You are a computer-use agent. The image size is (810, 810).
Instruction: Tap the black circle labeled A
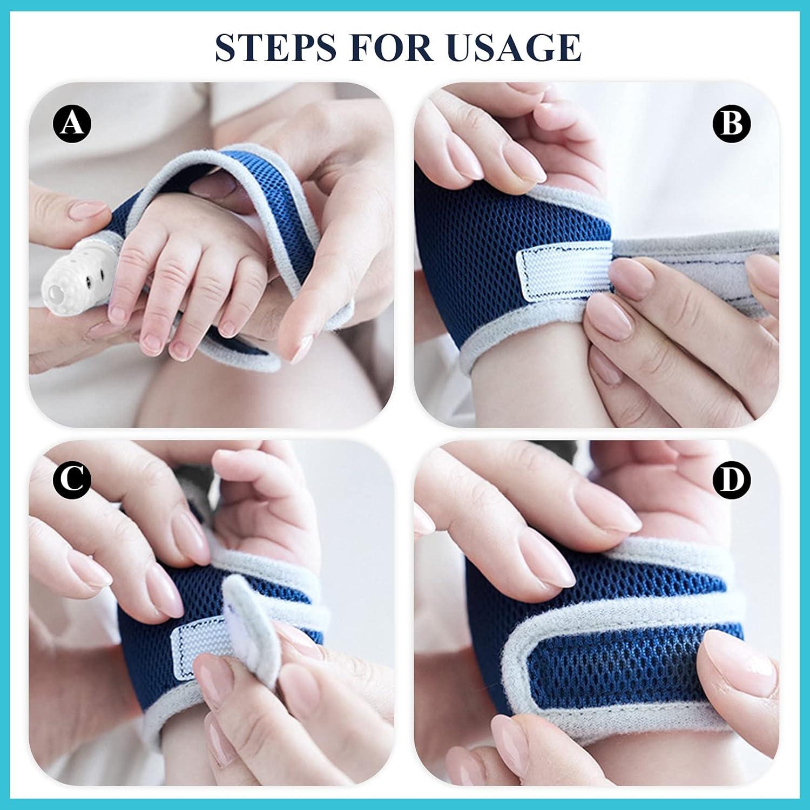tap(72, 124)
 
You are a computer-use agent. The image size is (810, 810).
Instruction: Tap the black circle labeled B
tap(732, 124)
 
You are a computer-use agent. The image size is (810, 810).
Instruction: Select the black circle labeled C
tap(72, 480)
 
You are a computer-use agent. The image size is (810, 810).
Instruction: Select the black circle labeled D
tap(732, 480)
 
